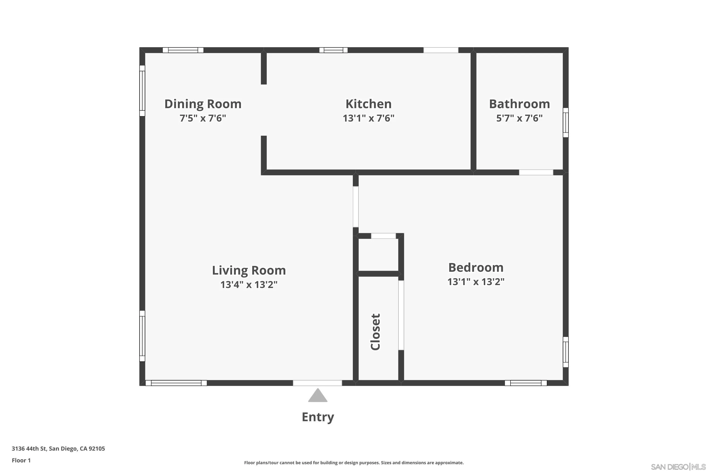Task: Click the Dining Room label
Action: click(x=203, y=104)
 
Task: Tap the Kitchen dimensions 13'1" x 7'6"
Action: click(x=368, y=118)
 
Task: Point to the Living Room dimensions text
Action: click(x=249, y=284)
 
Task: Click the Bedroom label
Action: click(x=476, y=267)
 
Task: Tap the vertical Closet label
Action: click(x=376, y=332)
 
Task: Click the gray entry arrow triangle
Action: click(x=318, y=395)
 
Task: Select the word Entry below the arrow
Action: click(x=318, y=417)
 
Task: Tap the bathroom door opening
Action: click(x=536, y=173)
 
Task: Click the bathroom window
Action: click(x=566, y=122)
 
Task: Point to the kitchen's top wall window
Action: click(x=333, y=50)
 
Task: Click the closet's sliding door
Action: click(x=401, y=315)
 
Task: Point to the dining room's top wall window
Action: click(x=183, y=50)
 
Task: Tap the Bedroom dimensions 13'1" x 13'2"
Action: click(x=476, y=282)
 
